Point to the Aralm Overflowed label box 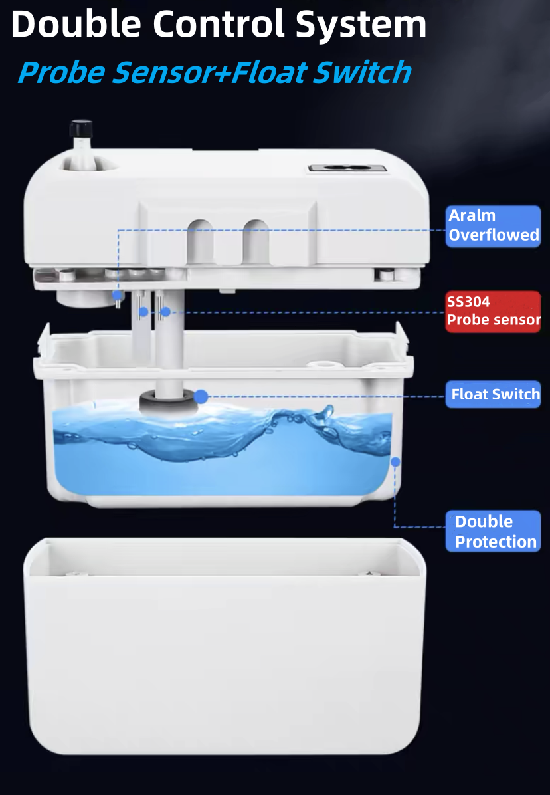coord(494,226)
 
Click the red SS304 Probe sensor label coord(494,311)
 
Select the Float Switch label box coord(494,394)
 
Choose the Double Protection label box coord(494,531)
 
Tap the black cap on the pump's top coord(81,128)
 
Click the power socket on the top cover coord(347,168)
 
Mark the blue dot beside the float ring coord(201,396)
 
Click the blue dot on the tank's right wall coord(395,461)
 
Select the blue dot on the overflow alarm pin coord(118,295)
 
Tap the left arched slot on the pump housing coord(200,242)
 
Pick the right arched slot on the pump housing coord(256,242)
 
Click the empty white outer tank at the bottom coord(225,647)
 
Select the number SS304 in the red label coord(468,302)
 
